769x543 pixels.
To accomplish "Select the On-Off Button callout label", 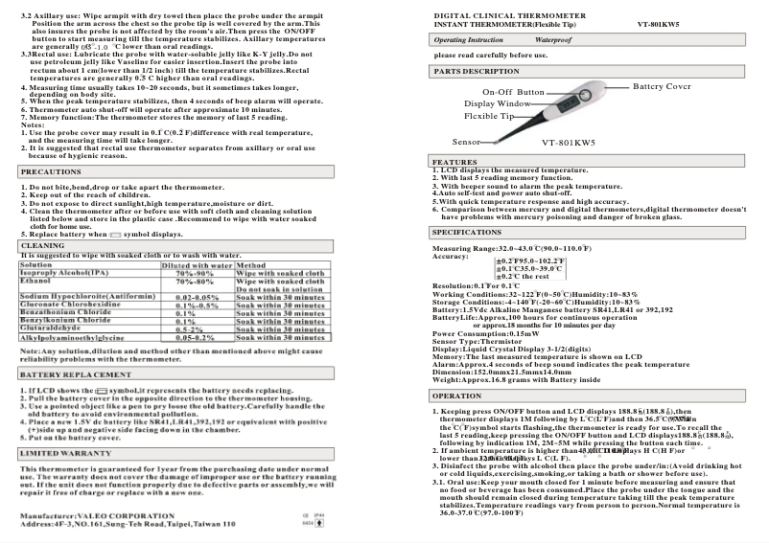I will coord(513,92).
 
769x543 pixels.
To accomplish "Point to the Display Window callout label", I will coord(498,103).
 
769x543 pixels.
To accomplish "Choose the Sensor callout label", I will coord(466,142).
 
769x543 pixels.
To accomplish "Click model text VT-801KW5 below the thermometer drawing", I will coord(569,143).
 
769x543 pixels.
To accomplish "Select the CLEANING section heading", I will coord(44,245).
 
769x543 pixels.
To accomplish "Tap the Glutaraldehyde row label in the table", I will coord(54,326).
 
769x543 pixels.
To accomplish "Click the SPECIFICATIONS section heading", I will coord(467,233).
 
